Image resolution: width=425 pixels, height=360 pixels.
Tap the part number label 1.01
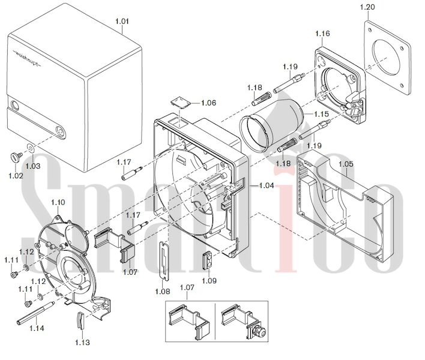coord(122,21)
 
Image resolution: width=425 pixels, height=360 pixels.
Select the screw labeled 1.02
coord(16,156)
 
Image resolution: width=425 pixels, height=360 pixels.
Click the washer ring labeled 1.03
coord(30,148)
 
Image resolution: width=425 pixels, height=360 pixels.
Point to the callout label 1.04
coord(267,185)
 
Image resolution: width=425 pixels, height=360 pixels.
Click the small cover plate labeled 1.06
coord(179,103)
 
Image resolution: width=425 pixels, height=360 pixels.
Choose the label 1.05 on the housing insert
coord(346,164)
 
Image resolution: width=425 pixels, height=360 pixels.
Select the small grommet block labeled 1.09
coord(207,260)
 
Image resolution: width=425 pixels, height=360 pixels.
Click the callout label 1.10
coord(58,202)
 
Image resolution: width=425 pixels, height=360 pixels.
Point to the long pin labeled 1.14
coord(35,313)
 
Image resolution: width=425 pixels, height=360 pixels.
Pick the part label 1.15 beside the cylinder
coord(322,114)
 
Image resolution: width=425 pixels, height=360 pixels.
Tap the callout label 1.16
coord(322,34)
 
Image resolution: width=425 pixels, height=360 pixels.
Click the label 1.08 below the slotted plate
coord(163,291)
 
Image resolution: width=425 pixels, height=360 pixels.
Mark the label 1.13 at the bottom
coord(82,343)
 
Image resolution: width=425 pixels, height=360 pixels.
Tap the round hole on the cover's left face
coord(14,106)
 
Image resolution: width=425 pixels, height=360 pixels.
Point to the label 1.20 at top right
coord(367,7)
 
